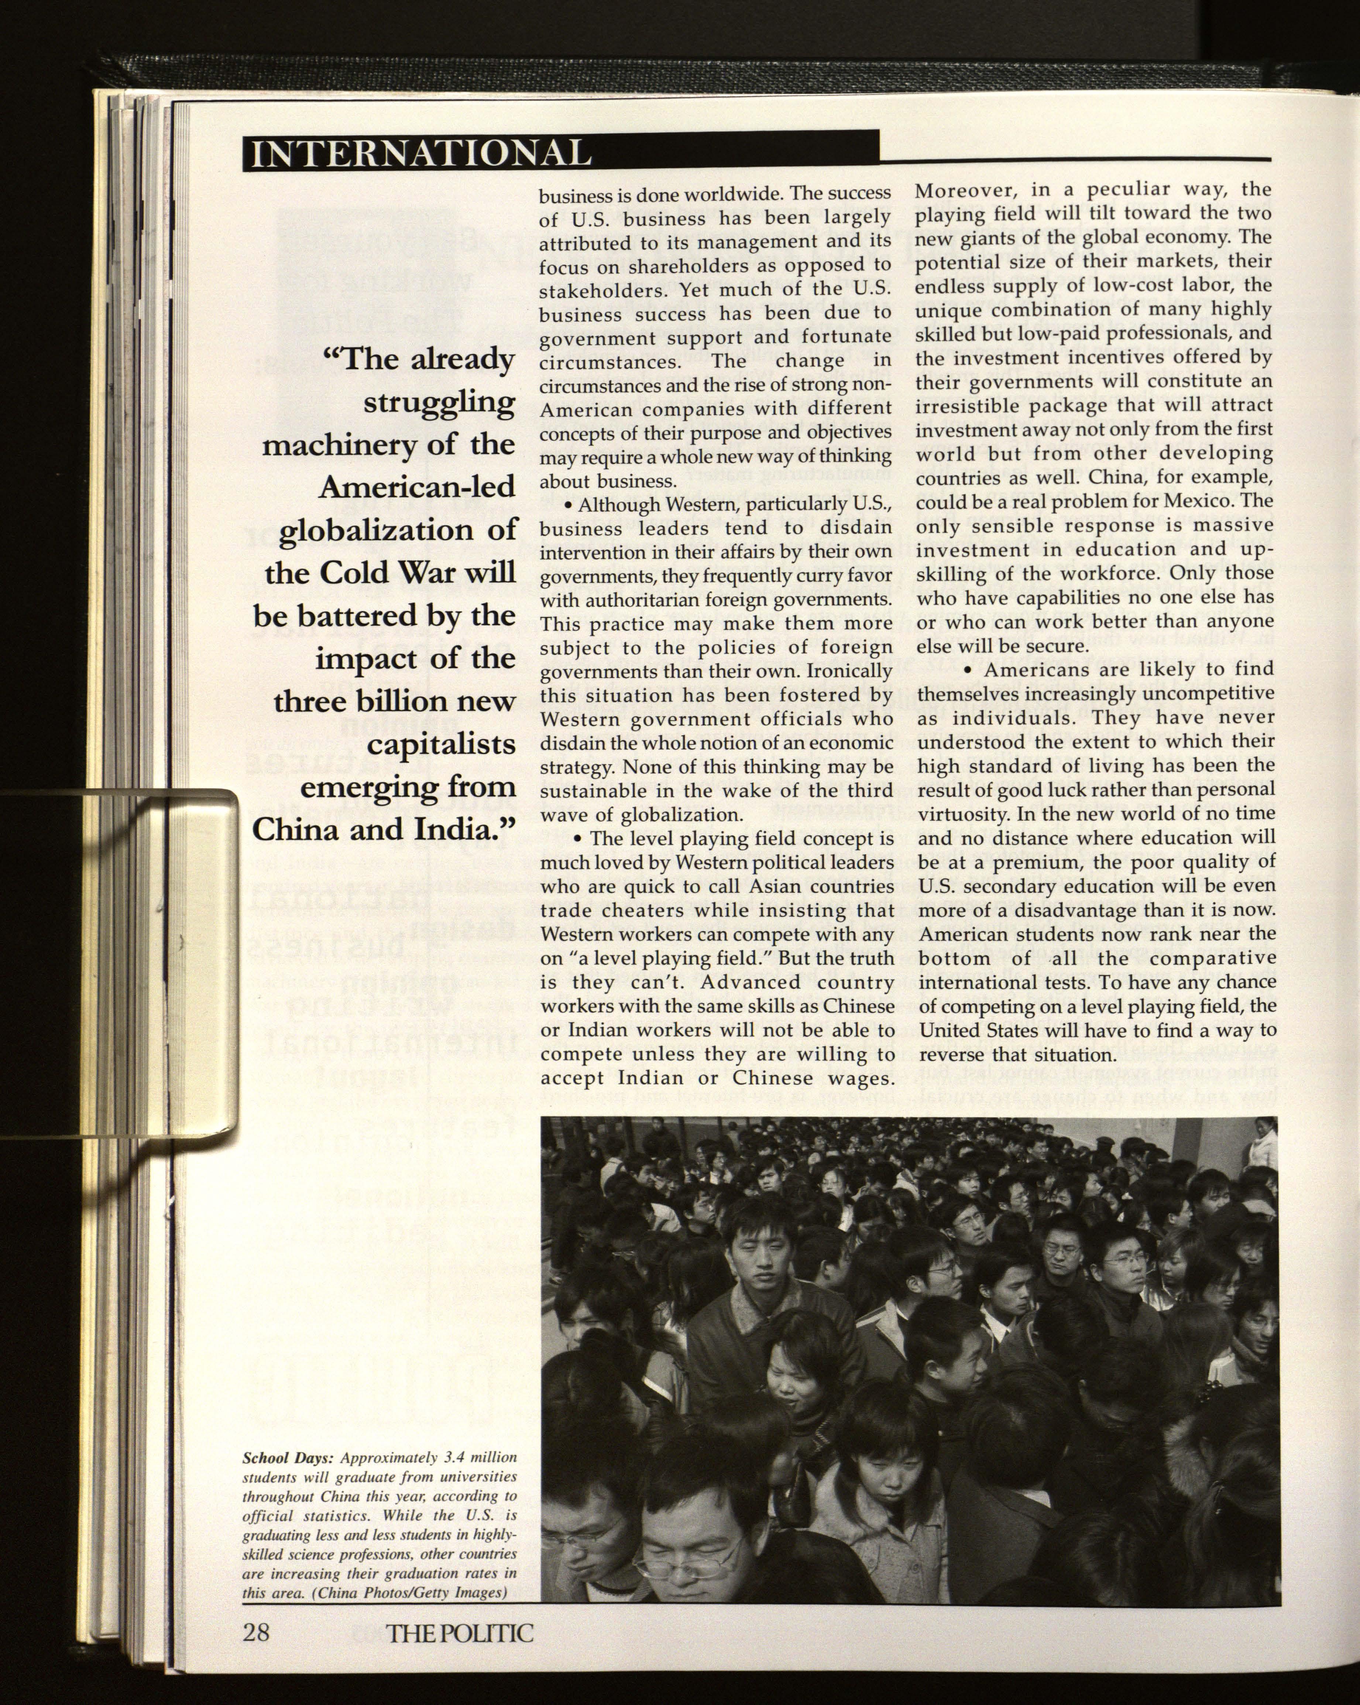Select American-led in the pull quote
tap(417, 488)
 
